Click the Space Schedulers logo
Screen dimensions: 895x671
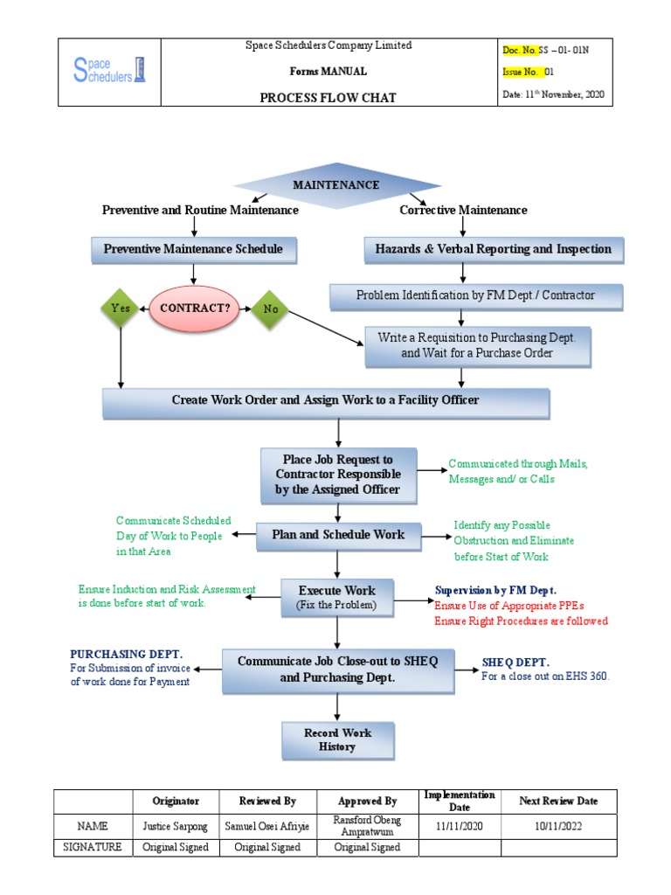tap(109, 72)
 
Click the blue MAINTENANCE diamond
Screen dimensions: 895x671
tap(335, 185)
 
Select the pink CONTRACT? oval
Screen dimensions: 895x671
tap(195, 309)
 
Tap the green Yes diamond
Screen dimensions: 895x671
tap(120, 309)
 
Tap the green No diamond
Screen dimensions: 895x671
tap(270, 309)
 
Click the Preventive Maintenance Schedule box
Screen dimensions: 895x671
tap(193, 249)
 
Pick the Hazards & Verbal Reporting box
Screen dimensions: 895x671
tap(493, 249)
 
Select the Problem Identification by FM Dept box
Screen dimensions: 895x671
tap(475, 296)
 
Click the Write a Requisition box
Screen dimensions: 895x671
tap(471, 346)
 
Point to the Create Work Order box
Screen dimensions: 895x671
tap(326, 401)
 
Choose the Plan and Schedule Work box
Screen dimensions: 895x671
tap(337, 535)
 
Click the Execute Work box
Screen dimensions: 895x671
tap(336, 596)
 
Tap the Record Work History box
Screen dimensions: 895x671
tap(336, 740)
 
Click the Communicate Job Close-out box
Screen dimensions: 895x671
tap(337, 670)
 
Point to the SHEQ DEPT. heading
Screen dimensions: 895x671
tap(515, 663)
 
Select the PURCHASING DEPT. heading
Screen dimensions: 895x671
tap(126, 655)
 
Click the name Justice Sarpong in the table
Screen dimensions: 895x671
tap(176, 826)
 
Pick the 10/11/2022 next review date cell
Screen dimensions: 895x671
tap(558, 826)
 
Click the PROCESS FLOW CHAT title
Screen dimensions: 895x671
tap(328, 97)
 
